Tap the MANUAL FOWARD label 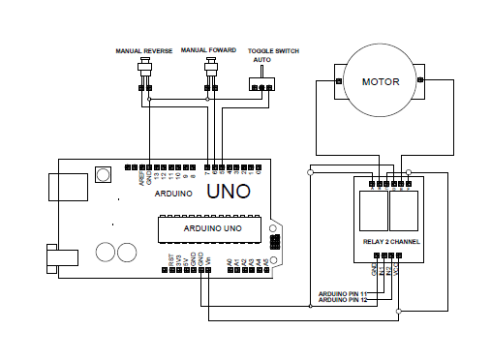pos(208,50)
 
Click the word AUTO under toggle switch pos(261,60)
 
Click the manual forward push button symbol pos(212,70)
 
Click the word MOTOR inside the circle pos(380,81)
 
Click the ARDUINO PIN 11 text pos(343,293)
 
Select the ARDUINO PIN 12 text pos(343,300)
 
